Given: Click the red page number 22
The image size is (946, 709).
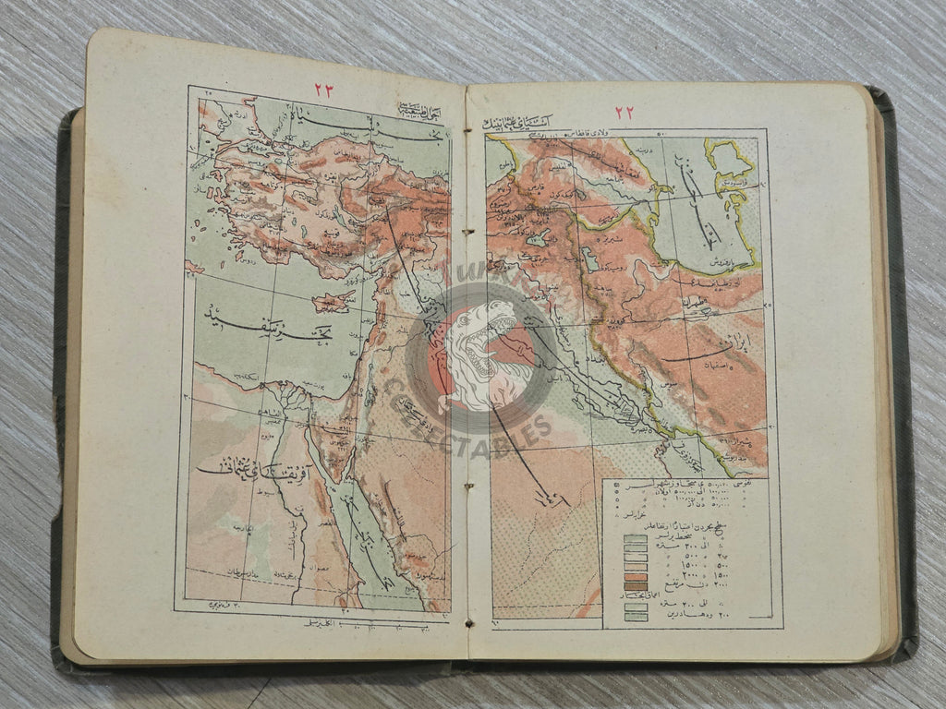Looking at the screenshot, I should pos(625,112).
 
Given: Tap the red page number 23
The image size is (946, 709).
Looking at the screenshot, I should pos(323,90).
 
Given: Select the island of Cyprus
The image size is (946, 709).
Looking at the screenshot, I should pos(333,301).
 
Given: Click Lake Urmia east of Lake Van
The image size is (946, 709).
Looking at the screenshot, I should pos(589,259).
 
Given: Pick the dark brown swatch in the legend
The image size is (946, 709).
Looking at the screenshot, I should pos(635,584).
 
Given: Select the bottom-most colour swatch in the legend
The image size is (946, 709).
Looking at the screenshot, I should pos(635,616).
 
